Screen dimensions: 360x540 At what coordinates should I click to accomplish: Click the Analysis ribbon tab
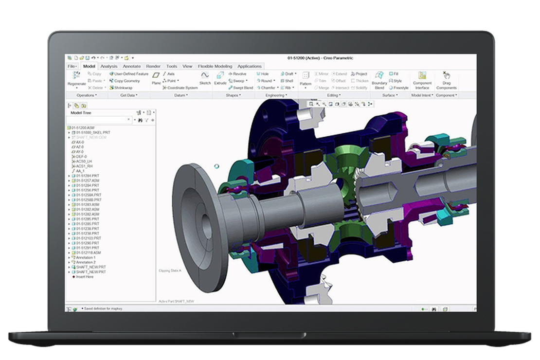tap(108, 66)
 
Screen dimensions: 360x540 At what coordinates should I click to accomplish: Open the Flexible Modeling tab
tap(215, 66)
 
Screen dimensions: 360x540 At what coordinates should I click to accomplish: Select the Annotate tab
tap(131, 66)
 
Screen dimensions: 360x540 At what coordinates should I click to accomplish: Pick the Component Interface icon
tap(422, 76)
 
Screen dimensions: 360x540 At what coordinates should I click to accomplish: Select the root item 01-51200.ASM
tap(83, 127)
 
